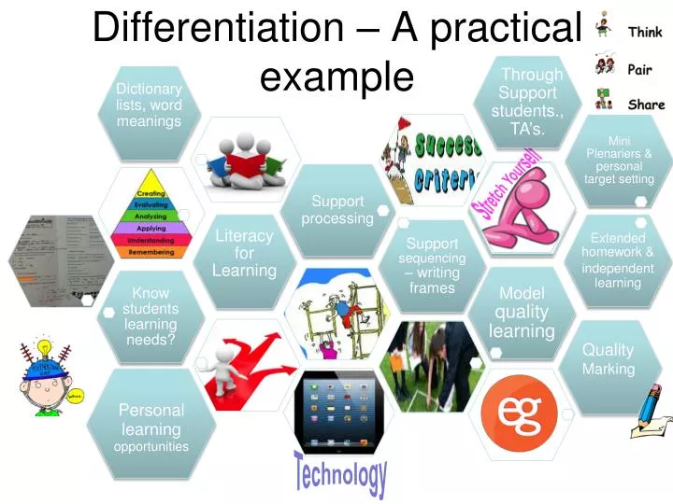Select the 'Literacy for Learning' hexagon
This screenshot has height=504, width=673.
[244, 253]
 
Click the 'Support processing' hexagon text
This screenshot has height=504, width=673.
[337, 209]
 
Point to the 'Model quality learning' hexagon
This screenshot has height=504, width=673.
[522, 312]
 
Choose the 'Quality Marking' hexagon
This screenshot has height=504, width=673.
[609, 359]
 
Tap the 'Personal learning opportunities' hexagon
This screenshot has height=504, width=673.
[151, 427]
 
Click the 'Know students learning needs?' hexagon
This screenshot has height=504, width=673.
[150, 315]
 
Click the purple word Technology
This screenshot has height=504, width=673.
[340, 474]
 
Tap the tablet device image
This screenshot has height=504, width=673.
[339, 411]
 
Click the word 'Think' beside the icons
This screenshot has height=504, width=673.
[645, 32]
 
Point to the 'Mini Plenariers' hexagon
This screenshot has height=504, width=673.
[619, 160]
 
